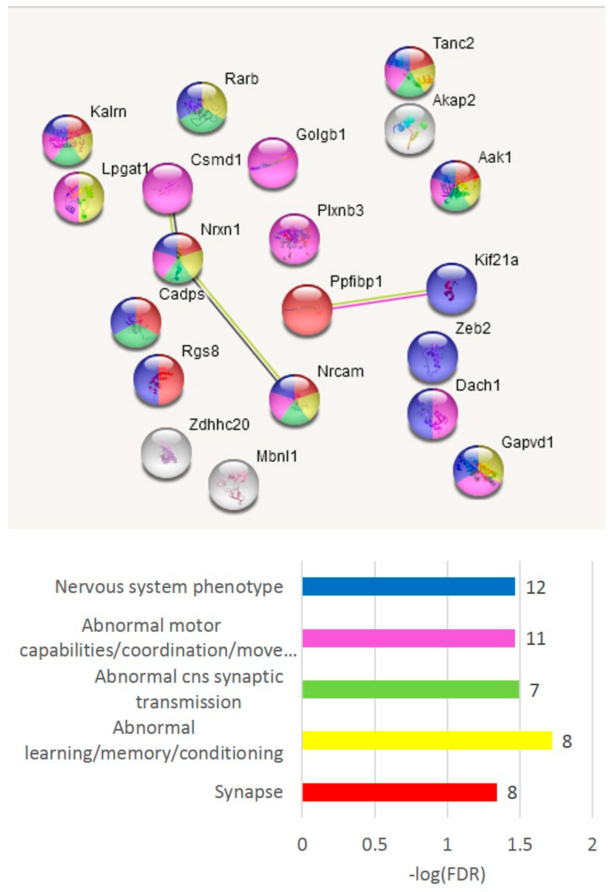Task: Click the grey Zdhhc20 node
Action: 167,453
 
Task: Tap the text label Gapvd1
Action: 527,442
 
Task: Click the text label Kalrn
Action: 108,112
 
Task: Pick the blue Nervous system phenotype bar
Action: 408,587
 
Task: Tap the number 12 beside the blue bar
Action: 536,587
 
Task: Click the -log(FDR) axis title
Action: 447,874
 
